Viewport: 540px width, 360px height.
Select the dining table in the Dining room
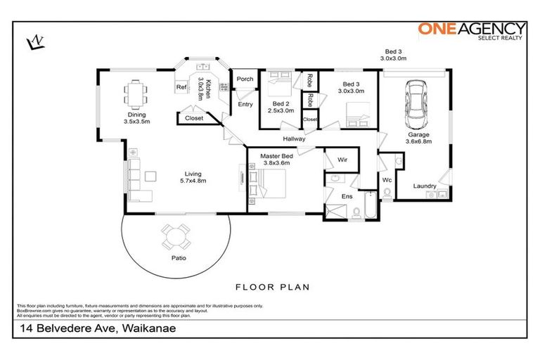pos(136,92)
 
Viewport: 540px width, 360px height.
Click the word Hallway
pos(294,139)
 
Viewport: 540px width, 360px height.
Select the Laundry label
pos(425,186)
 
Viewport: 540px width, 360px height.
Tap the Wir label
pos(342,160)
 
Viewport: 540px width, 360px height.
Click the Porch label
pos(245,79)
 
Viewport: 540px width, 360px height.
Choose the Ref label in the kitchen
pos(181,87)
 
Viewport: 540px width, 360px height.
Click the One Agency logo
pos(472,30)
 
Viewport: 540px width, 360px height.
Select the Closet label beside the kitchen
pos(194,118)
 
